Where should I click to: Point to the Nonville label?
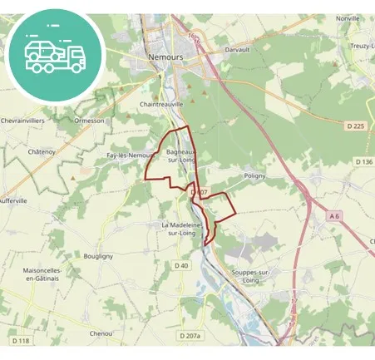coord(348,18)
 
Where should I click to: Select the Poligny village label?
coord(255,175)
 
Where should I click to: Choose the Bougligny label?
coord(98,257)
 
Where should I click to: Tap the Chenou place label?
coord(101,333)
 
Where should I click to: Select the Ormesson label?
coord(89,120)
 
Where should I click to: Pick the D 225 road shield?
coord(353,126)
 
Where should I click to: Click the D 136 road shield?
coord(363,161)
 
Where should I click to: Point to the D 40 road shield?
coord(181,265)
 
